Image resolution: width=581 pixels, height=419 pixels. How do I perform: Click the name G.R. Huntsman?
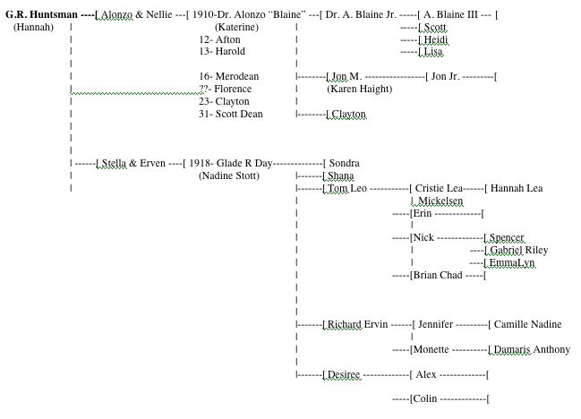tap(41, 14)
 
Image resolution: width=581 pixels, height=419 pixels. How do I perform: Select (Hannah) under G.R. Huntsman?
tap(34, 27)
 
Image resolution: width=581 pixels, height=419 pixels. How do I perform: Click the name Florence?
tap(233, 90)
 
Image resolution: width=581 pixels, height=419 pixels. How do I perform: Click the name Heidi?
tap(435, 40)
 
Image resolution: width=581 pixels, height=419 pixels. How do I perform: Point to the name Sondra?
tap(344, 164)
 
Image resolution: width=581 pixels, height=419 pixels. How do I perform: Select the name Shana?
tap(341, 176)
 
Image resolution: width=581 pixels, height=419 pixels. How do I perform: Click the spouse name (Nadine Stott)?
tap(229, 176)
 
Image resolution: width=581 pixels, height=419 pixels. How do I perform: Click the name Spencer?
tap(506, 238)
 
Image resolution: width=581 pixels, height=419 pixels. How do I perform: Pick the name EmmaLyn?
tap(511, 263)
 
